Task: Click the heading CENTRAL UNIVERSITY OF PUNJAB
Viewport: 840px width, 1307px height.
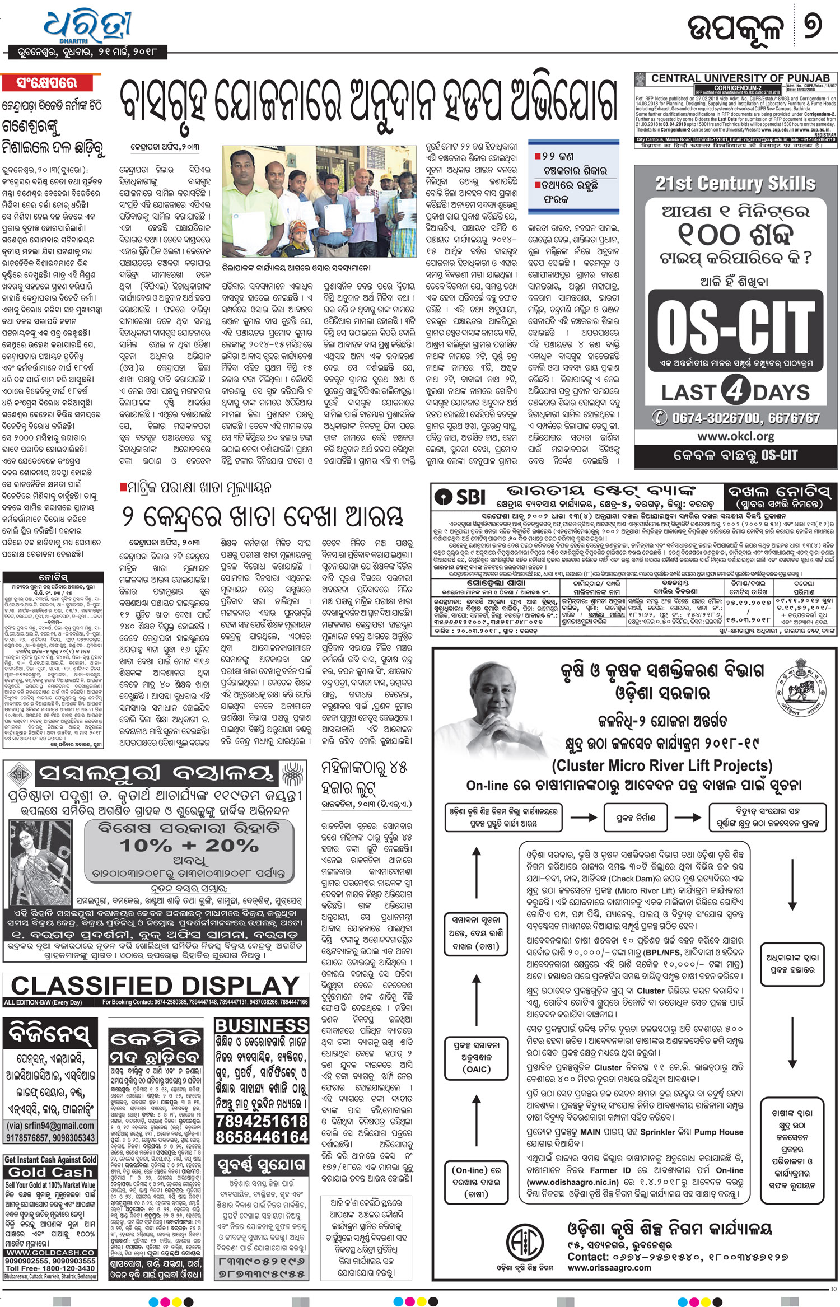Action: click(x=740, y=78)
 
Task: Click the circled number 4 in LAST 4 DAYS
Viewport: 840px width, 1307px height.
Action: click(x=735, y=390)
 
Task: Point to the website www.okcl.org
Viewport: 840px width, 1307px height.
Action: click(x=735, y=435)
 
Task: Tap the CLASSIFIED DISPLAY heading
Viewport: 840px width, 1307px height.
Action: click(x=156, y=985)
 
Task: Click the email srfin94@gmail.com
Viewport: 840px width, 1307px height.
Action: click(x=50, y=1126)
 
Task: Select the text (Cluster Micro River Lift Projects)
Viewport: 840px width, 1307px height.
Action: click(x=662, y=765)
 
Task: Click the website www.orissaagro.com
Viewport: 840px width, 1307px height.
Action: click(x=609, y=1267)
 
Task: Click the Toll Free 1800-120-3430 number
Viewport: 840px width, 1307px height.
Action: click(x=50, y=1268)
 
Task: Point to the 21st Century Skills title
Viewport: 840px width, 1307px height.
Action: click(x=735, y=183)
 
